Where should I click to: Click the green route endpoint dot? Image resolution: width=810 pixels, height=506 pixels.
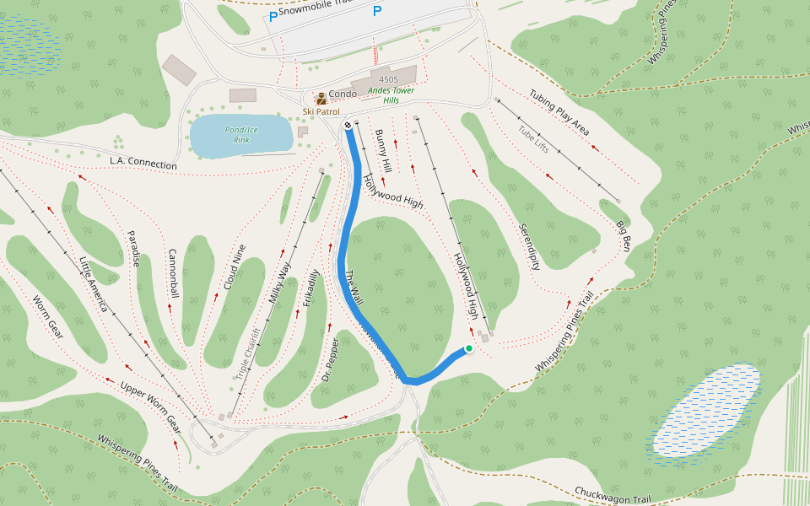[x=469, y=348]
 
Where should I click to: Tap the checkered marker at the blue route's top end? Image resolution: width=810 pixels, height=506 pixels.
[x=348, y=126]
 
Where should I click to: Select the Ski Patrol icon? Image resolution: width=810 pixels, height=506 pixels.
[x=321, y=99]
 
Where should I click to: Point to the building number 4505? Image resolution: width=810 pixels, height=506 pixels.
[x=388, y=78]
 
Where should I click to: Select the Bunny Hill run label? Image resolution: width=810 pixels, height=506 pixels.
[x=384, y=151]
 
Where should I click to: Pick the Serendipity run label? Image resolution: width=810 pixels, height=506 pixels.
[x=529, y=246]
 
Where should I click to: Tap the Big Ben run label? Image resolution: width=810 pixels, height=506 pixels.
[x=623, y=235]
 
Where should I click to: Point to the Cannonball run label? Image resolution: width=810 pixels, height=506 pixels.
[x=173, y=273]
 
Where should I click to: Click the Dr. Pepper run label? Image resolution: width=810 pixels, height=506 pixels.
[x=332, y=360]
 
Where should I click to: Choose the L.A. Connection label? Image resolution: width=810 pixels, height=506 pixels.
[x=143, y=162]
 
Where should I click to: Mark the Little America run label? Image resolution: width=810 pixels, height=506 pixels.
[x=93, y=283]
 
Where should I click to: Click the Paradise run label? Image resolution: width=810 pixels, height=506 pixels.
[x=133, y=249]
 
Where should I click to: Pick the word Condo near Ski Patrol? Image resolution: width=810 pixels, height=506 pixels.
[x=343, y=94]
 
